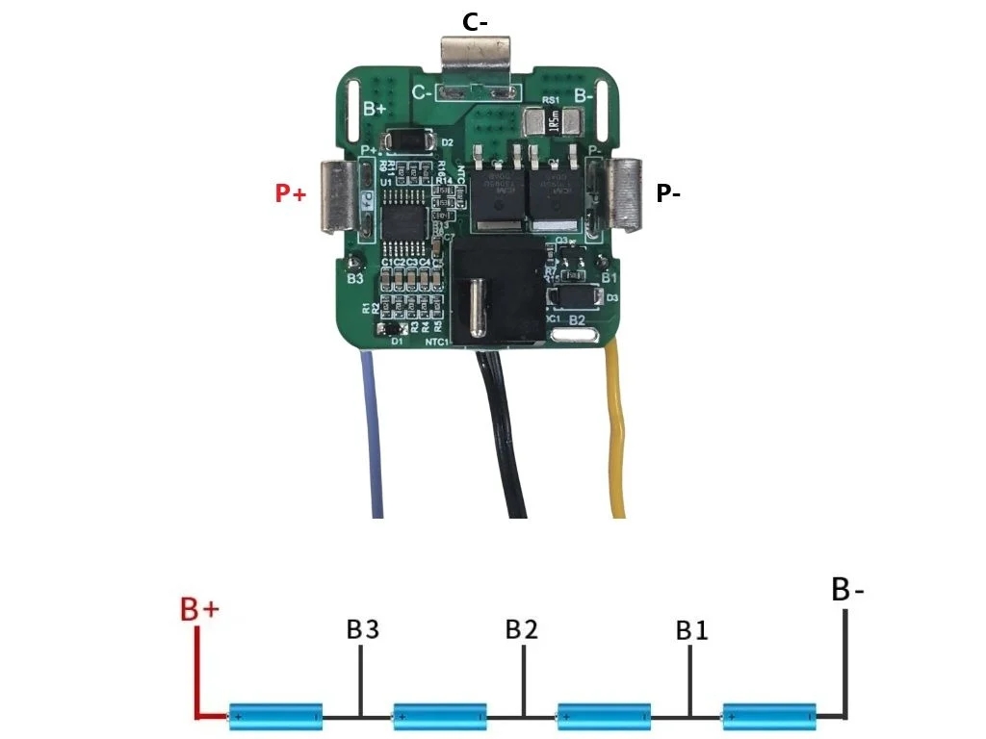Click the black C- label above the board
pos(474,22)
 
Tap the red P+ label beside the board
pos(290,194)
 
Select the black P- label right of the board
pos(668,193)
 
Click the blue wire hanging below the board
pos(373,433)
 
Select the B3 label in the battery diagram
pos(362,630)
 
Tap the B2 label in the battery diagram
pos(522,630)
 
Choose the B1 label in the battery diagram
pos(691,631)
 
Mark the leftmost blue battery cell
pos(275,716)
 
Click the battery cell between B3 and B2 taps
pos(440,716)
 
